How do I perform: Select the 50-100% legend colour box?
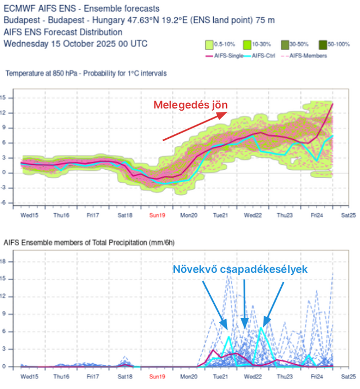(322, 44)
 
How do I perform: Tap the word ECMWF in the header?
(19, 8)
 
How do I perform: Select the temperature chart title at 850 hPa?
(85, 74)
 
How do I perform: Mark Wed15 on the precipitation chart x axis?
(29, 376)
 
